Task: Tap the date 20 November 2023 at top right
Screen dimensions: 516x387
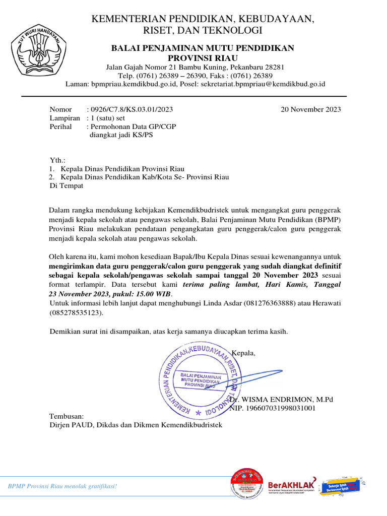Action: click(310, 109)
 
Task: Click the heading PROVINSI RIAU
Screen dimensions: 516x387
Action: click(203, 58)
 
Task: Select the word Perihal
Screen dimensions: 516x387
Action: click(60, 127)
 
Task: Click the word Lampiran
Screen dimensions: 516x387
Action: click(64, 118)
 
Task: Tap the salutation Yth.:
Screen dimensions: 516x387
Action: click(57, 160)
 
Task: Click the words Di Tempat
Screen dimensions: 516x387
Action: click(66, 185)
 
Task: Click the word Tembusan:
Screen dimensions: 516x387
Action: click(67, 417)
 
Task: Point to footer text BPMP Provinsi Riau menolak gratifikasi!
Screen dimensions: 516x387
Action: click(62, 486)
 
